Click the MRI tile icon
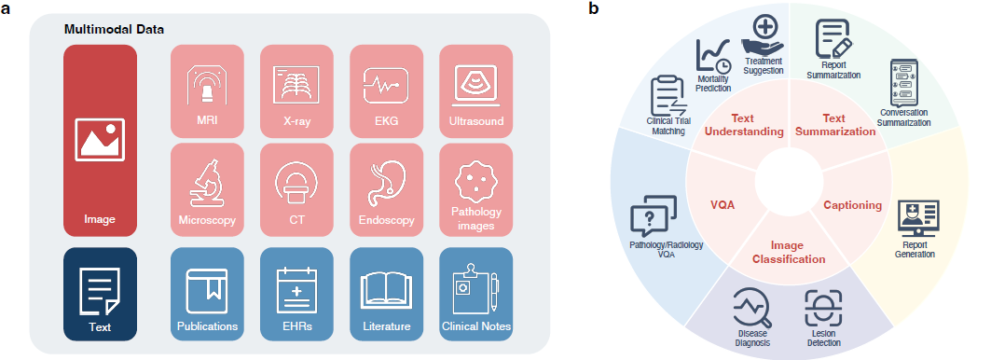click(207, 86)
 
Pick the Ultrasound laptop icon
click(476, 86)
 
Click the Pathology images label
click(476, 220)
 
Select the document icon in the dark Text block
click(100, 292)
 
